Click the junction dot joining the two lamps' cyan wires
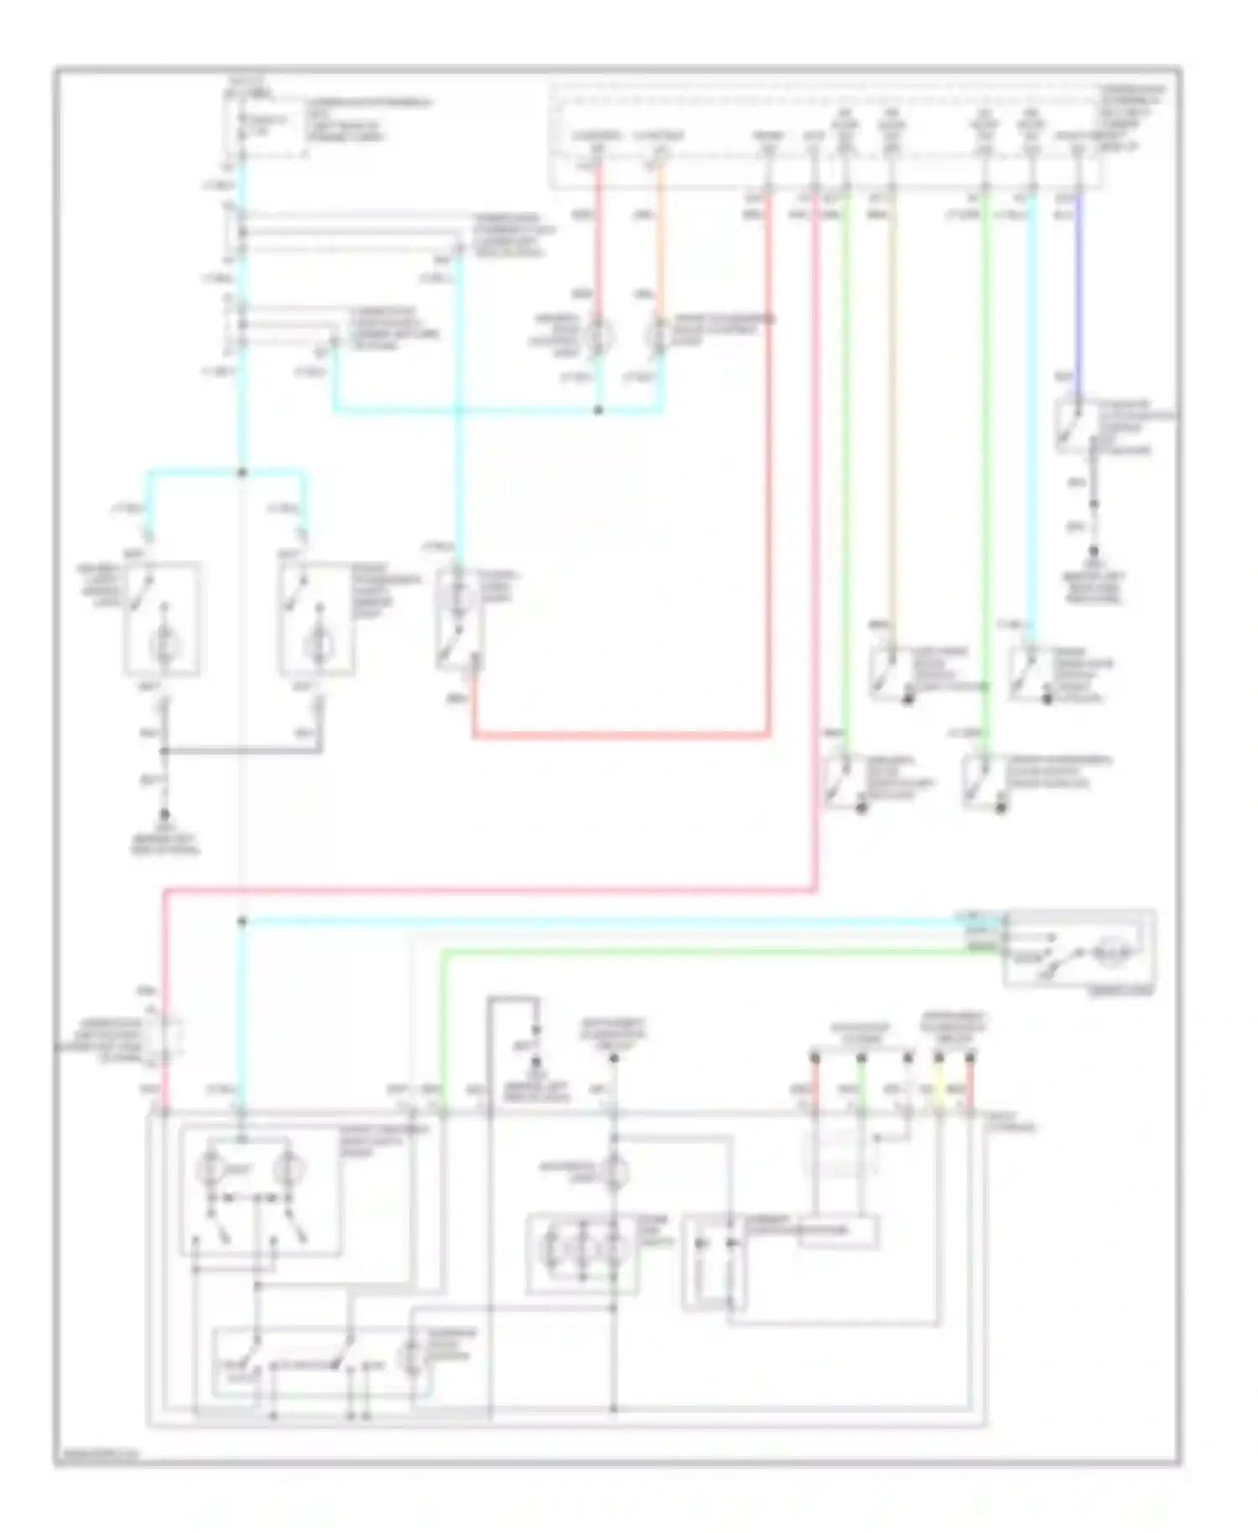pos(598,411)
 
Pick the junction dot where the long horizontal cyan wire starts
pos(242,922)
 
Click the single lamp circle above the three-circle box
pos(615,1170)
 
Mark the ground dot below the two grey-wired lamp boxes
pos(164,814)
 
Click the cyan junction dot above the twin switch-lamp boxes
pos(242,473)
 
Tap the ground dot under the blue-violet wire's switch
pos(1094,551)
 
